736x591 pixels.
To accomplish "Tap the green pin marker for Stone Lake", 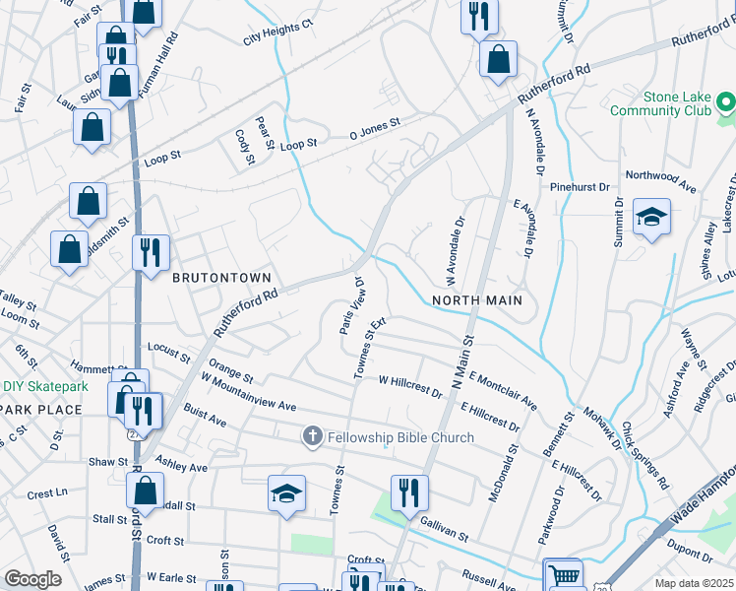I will tap(726, 101).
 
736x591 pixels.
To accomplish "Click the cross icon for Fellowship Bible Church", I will tap(313, 436).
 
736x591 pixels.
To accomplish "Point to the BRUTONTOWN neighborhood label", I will tap(221, 279).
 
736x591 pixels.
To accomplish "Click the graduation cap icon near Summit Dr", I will tap(651, 217).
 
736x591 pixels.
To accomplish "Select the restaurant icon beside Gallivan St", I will tap(408, 492).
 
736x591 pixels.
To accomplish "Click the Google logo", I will tap(33, 579).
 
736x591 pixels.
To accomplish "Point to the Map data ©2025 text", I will tap(694, 583).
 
